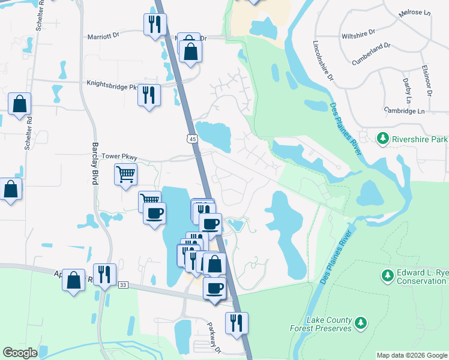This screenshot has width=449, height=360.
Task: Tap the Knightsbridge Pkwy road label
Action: coord(112,86)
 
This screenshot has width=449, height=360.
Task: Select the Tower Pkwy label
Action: coord(119,157)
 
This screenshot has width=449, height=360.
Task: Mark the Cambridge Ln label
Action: coord(404,111)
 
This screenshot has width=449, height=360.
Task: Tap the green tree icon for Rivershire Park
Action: coord(382,139)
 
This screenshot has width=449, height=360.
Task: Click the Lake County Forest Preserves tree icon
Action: coord(361,323)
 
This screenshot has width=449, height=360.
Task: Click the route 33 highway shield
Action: coord(123,284)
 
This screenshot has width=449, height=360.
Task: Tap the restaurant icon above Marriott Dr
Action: coord(154,25)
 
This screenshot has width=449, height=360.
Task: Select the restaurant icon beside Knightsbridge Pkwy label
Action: coord(148,94)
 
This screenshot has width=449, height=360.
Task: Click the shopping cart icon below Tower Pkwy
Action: coord(125,175)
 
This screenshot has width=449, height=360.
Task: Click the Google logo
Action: coord(20,353)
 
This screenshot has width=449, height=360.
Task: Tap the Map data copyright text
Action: coord(411,355)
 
